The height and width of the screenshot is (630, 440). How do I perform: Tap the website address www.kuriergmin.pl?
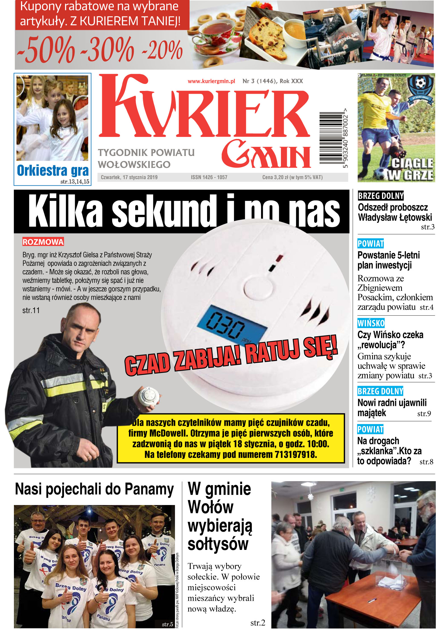[x=211, y=81]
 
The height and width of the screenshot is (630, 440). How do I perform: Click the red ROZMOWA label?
[x=43, y=242]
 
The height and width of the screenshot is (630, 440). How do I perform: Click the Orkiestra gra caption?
[x=53, y=170]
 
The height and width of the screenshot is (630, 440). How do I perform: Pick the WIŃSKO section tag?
[x=371, y=323]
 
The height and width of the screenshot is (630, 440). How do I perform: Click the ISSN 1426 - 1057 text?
[x=209, y=177]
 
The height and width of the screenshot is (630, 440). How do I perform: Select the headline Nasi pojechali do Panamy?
[x=94, y=489]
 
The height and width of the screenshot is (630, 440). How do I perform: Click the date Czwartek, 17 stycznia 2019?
[x=129, y=177]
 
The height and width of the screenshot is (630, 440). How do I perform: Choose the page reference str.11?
[x=31, y=310]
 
